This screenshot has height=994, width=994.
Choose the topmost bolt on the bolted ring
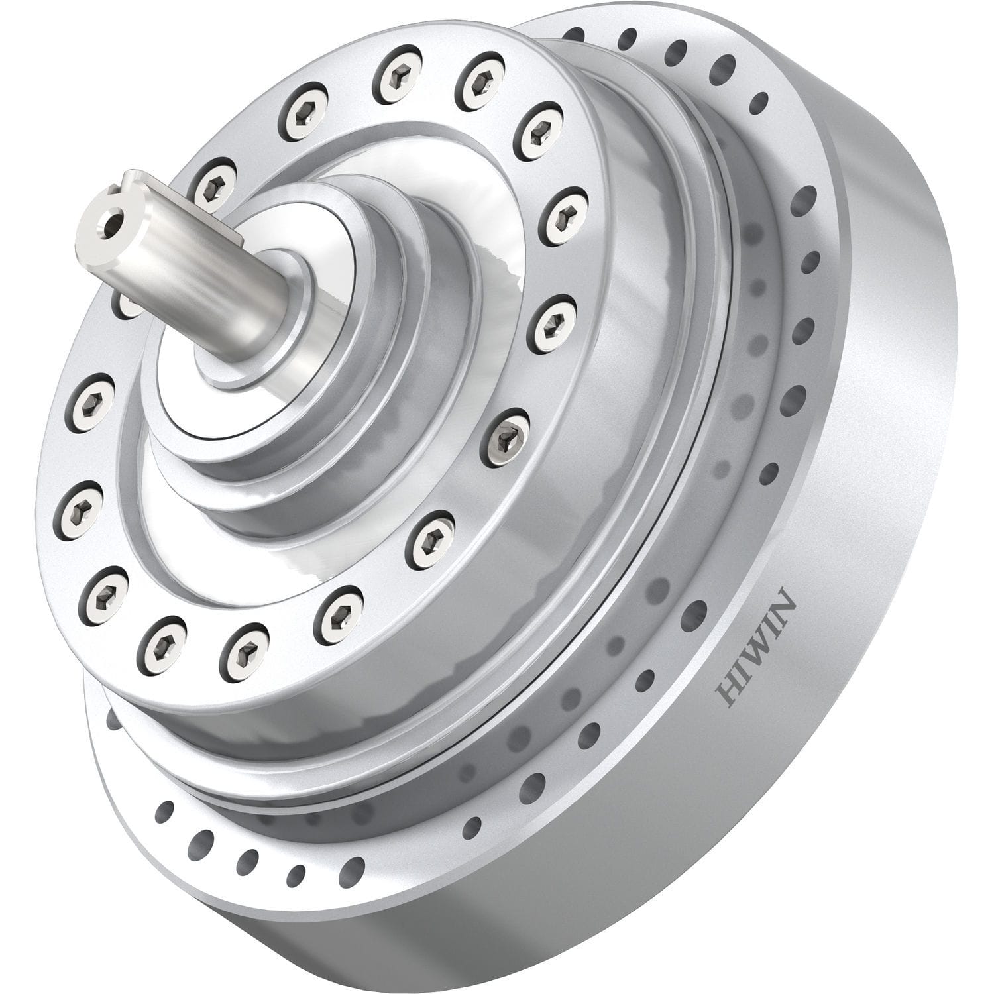pos(398,73)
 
